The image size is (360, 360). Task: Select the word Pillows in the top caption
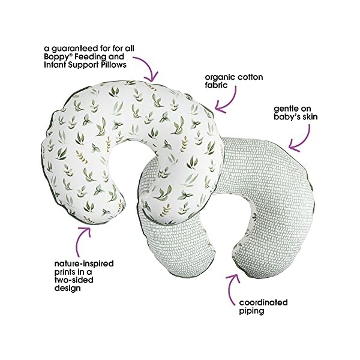click(128, 65)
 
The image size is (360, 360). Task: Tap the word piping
click(252, 311)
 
